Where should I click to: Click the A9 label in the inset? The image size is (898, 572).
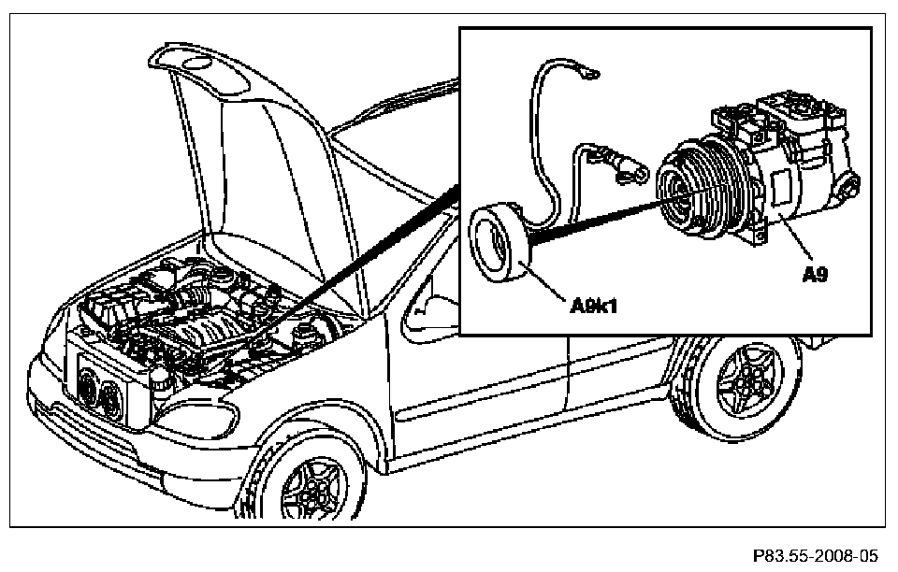pos(815,275)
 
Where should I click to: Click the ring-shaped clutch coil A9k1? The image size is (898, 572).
pos(495,241)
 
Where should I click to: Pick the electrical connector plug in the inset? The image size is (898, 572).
pos(627,172)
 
